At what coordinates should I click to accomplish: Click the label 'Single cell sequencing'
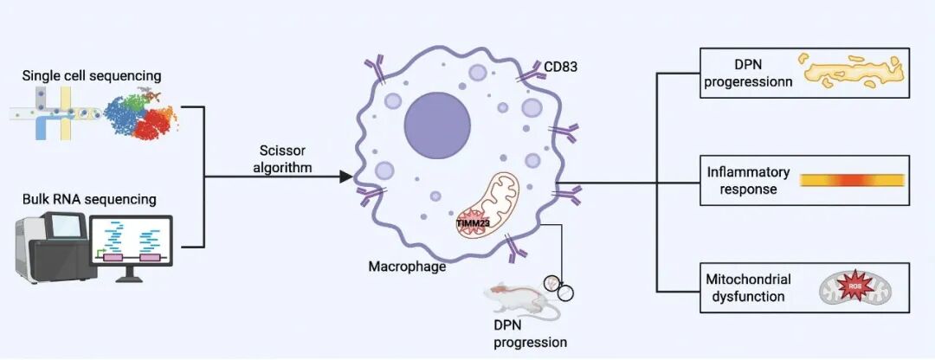coord(92,77)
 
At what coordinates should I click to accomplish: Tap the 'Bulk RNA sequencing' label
coord(90,199)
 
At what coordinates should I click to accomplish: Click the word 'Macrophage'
coord(408,266)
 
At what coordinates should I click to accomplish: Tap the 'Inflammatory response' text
coord(742,179)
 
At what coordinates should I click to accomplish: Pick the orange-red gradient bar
coord(852,180)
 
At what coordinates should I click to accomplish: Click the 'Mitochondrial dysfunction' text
coord(745,287)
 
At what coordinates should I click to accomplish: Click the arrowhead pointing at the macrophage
coord(345,177)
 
